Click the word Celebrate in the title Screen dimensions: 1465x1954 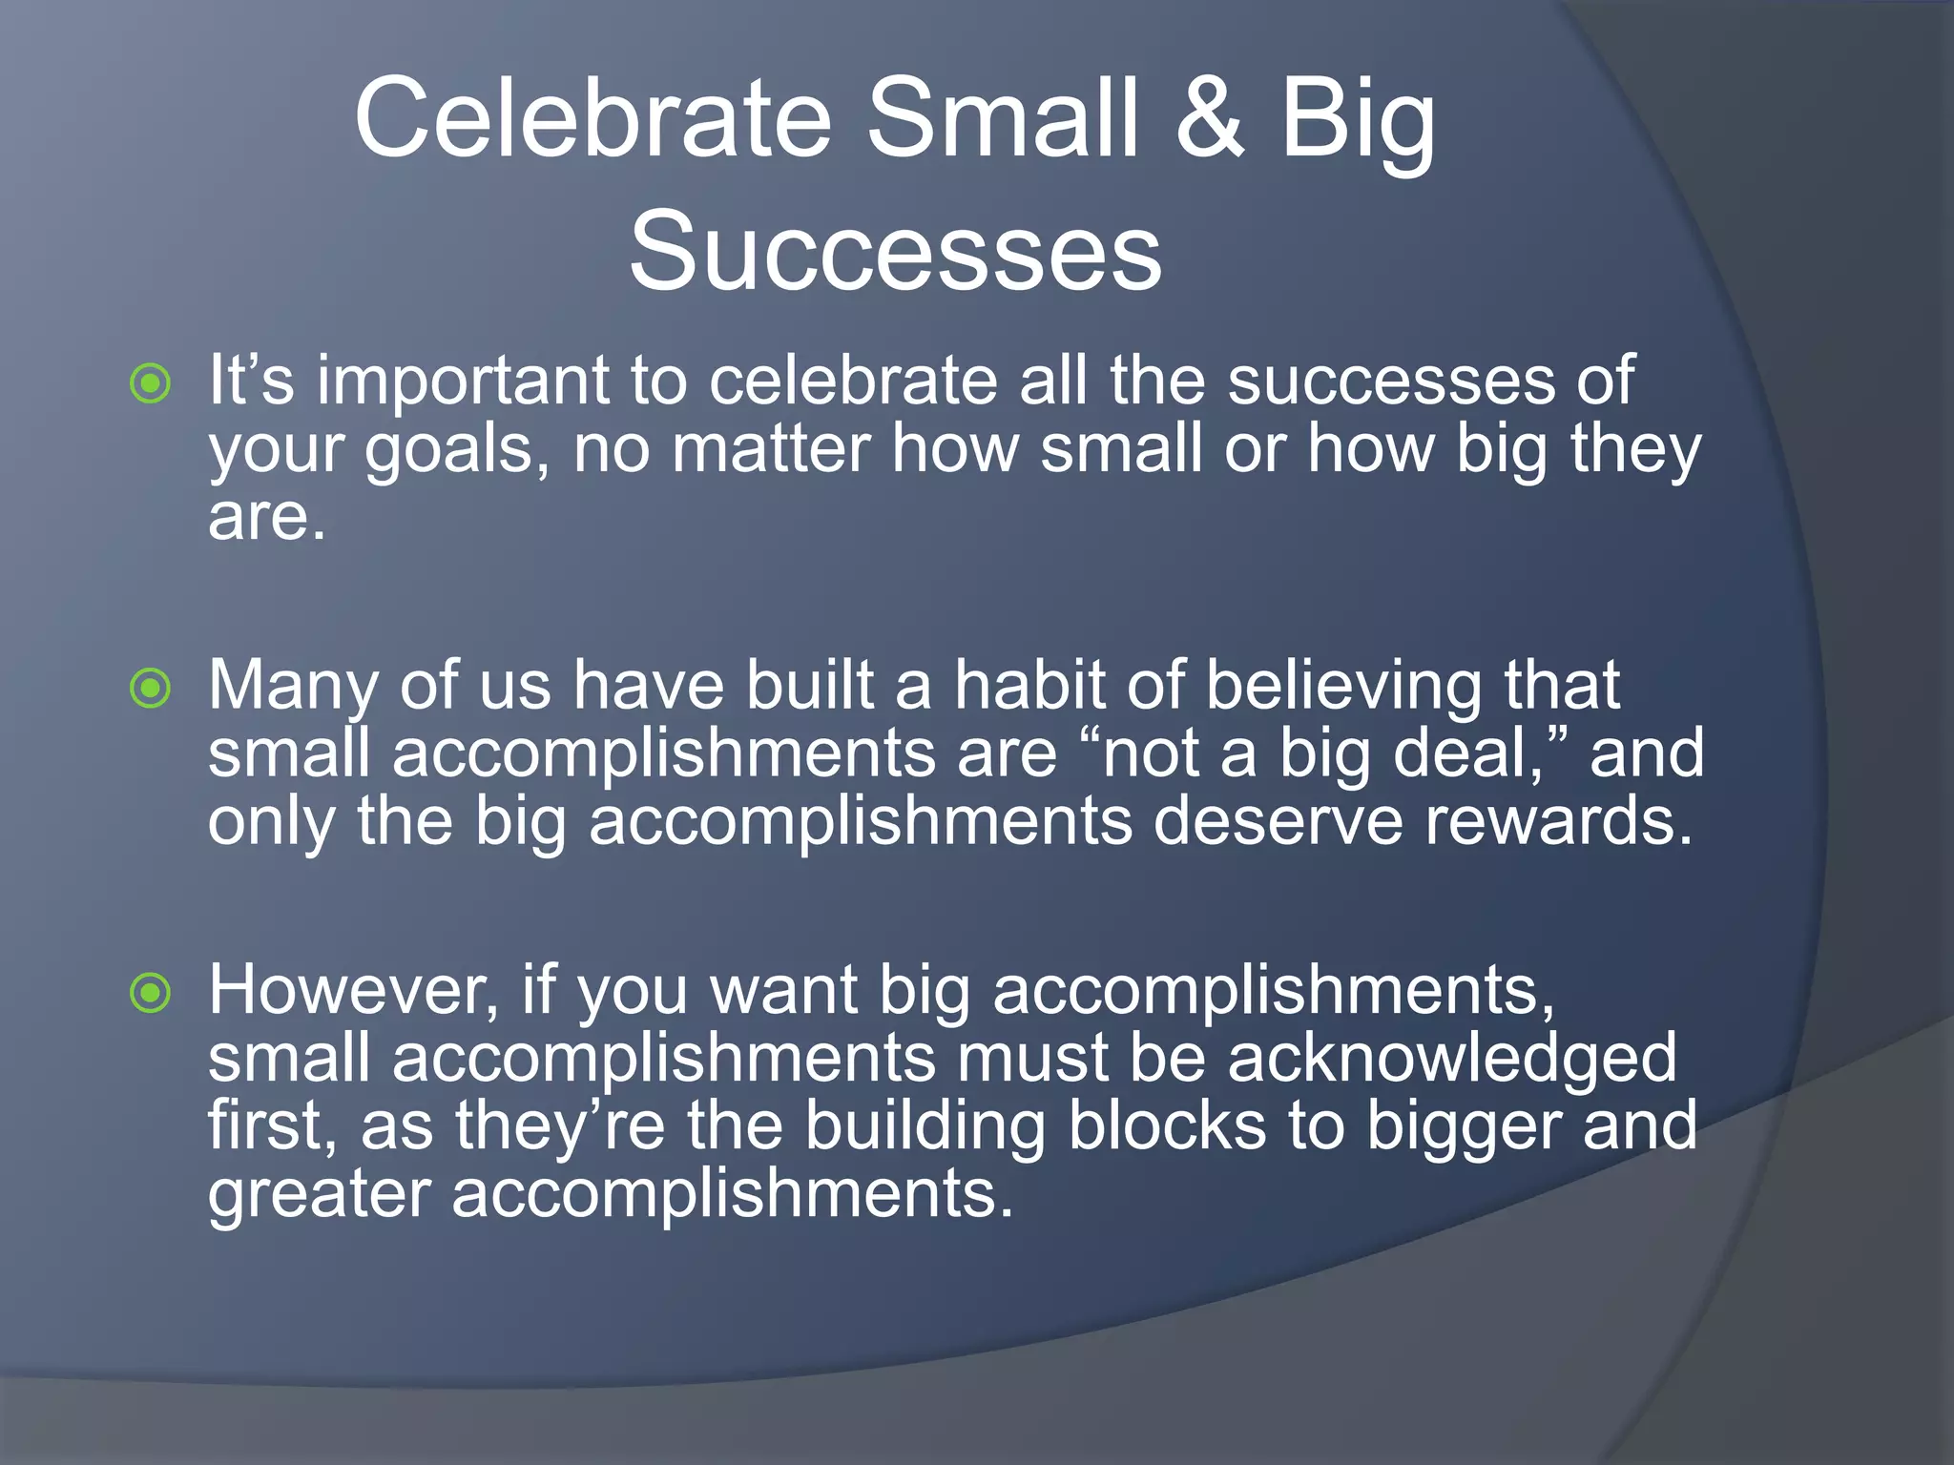(x=592, y=118)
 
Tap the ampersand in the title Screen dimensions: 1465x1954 (x=1210, y=118)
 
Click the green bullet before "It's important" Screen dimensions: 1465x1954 (x=151, y=383)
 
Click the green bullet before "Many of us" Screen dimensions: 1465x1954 (x=151, y=688)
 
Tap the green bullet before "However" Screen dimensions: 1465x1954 (x=151, y=993)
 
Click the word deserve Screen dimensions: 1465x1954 (x=1278, y=822)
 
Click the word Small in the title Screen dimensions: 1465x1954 (x=1003, y=118)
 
